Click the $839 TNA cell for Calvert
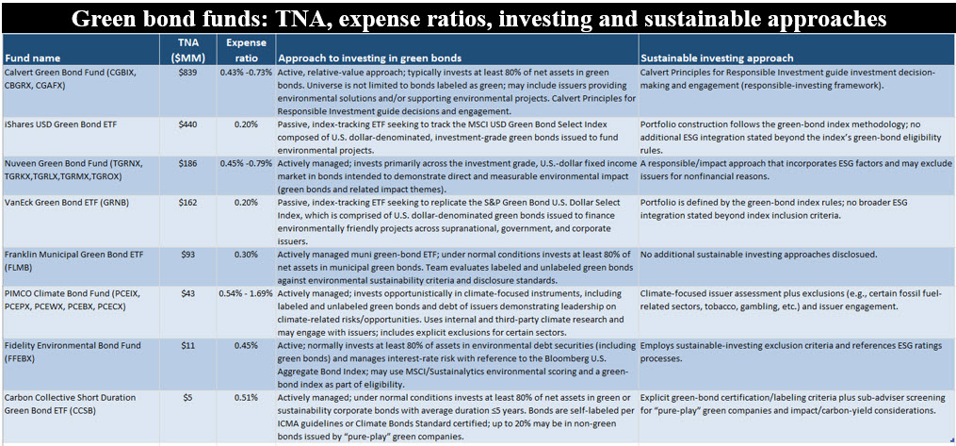pos(187,73)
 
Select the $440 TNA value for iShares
pos(187,124)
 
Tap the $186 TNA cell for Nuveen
pos(187,163)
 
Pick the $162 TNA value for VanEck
pos(187,202)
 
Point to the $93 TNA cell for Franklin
pos(187,254)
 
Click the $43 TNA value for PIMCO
pos(187,293)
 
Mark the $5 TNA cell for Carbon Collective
pos(187,397)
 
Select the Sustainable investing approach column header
pos(717,58)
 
